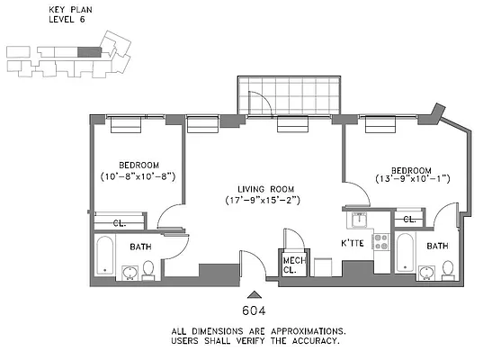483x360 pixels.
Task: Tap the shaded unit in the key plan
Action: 87,52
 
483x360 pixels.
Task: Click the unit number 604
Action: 255,310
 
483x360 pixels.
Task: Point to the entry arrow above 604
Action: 255,292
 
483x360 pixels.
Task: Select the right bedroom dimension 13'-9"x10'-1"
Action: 413,177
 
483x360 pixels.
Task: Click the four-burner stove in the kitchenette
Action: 380,242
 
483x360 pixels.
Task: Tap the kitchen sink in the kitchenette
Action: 359,217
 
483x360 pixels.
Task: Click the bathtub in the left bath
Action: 103,256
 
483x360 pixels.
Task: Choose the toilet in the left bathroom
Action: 149,270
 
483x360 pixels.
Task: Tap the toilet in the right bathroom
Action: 447,269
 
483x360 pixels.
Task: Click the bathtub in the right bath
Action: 405,256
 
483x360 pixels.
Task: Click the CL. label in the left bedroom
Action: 119,222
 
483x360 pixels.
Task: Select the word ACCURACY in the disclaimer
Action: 310,342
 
